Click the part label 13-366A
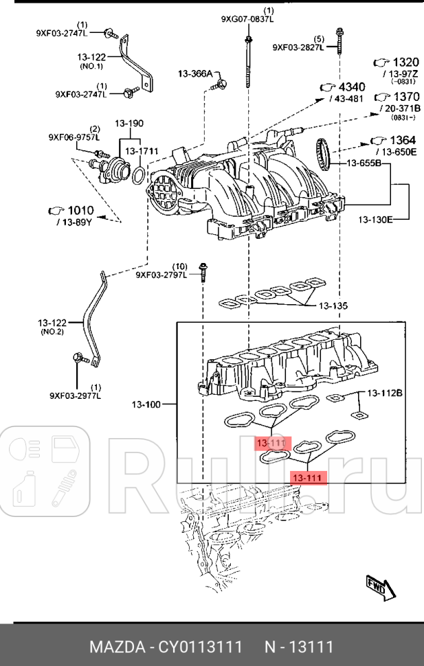(x=196, y=73)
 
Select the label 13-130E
(x=375, y=220)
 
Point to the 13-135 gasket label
(x=333, y=306)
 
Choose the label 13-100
(x=145, y=404)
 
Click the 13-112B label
(x=384, y=393)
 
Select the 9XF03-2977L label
(x=75, y=395)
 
